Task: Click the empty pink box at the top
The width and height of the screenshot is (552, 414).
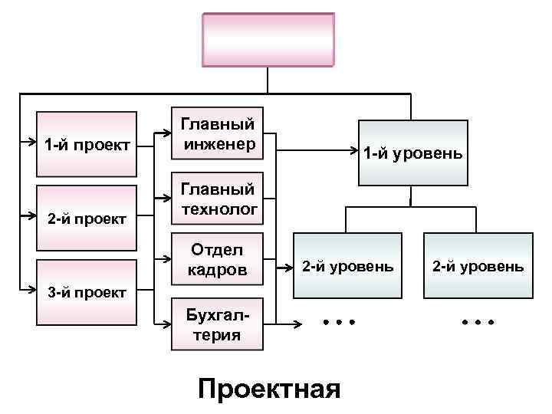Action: tap(268, 40)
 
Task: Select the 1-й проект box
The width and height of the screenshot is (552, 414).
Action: tap(87, 143)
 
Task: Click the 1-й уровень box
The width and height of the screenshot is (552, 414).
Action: tap(412, 153)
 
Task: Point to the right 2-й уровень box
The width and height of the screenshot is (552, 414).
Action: tap(478, 268)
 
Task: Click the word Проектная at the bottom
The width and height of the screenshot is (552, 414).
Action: tap(268, 388)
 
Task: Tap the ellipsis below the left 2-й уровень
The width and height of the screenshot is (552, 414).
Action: tap(339, 322)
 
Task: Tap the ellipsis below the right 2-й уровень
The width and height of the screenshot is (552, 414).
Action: tap(478, 322)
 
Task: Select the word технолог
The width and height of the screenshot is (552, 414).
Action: tap(219, 208)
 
